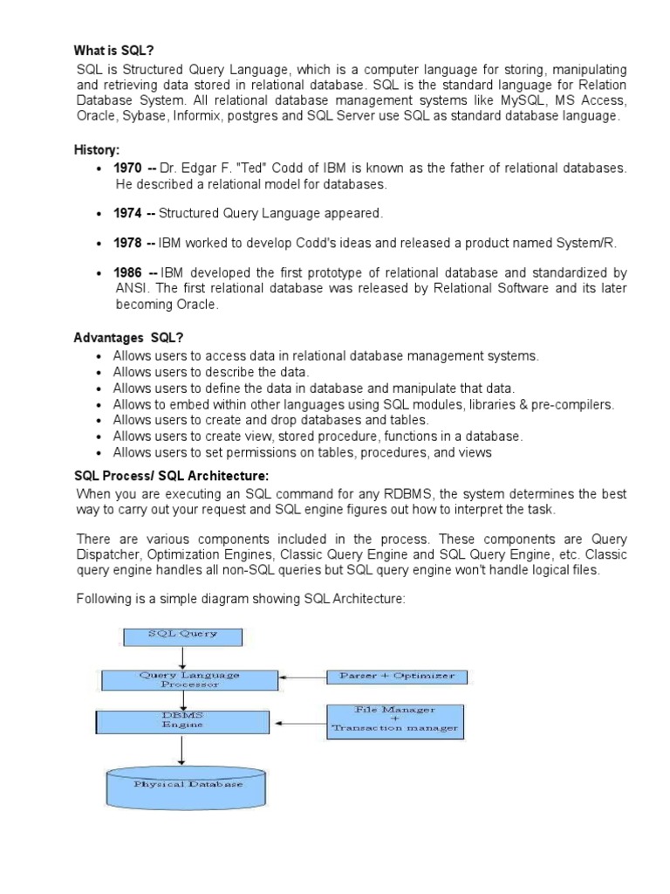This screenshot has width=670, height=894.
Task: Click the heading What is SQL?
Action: click(109, 51)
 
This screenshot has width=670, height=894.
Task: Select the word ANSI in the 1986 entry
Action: click(133, 289)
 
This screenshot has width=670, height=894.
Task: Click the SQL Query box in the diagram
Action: click(182, 634)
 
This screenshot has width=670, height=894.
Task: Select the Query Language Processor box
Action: click(189, 679)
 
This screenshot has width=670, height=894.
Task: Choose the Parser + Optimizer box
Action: click(397, 677)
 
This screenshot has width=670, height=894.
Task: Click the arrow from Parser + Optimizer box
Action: click(302, 677)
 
